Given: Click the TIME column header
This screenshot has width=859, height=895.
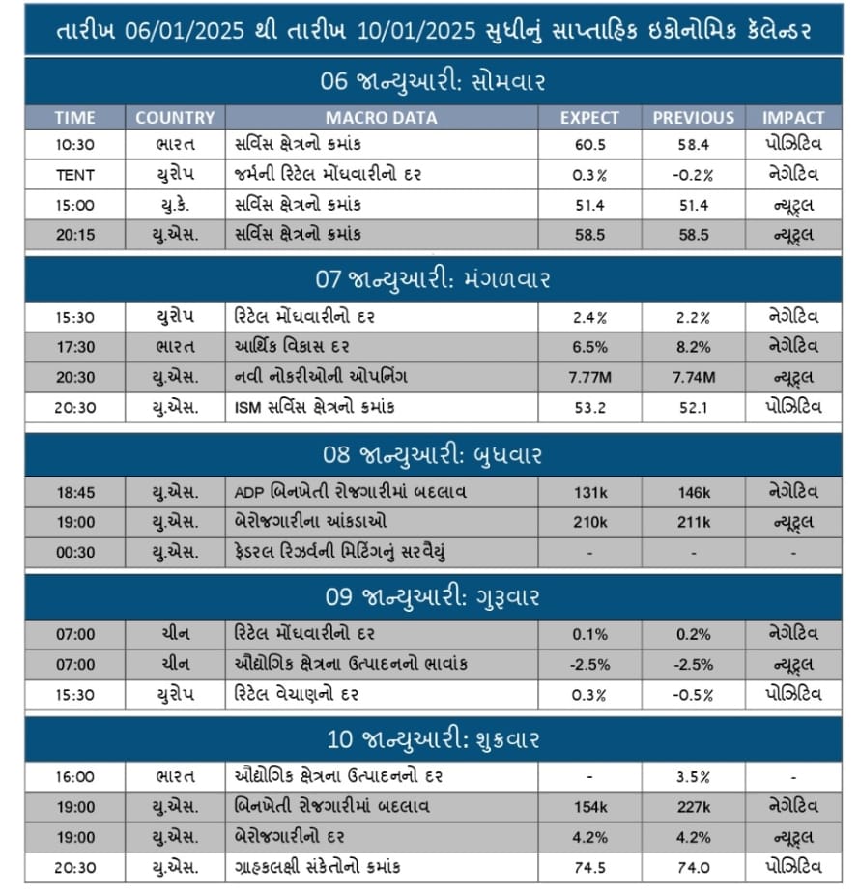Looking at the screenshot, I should pyautogui.click(x=74, y=117).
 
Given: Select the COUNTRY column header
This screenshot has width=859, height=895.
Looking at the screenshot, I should pyautogui.click(x=174, y=117).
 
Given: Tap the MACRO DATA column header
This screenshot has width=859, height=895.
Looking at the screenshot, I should pyautogui.click(x=381, y=117).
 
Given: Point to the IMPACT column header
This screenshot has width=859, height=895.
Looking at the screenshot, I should pyautogui.click(x=793, y=117).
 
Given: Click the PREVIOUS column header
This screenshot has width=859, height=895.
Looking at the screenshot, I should pyautogui.click(x=693, y=117).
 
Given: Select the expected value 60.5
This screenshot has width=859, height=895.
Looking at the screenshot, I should pyautogui.click(x=589, y=145).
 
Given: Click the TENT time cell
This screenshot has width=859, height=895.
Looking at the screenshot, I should pyautogui.click(x=74, y=175).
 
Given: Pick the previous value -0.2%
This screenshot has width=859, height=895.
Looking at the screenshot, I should pyautogui.click(x=693, y=175).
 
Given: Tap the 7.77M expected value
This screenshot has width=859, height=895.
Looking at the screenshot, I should pyautogui.click(x=589, y=377).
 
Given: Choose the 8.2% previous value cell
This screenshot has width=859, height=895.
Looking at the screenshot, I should pyautogui.click(x=693, y=347).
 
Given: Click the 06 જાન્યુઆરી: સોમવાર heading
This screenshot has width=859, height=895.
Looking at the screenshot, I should pyautogui.click(x=432, y=81).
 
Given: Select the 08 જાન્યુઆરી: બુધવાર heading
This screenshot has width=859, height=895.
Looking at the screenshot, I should pyautogui.click(x=432, y=454).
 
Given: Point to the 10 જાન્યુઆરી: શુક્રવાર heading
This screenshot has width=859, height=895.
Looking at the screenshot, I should pyautogui.click(x=432, y=739).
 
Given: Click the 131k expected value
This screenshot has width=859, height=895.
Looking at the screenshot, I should pyautogui.click(x=589, y=492).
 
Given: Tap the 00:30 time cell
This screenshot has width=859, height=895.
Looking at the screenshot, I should pyautogui.click(x=74, y=552).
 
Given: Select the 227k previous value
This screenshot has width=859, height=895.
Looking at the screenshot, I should pyautogui.click(x=693, y=806).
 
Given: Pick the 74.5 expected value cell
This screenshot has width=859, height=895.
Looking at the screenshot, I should pyautogui.click(x=589, y=867).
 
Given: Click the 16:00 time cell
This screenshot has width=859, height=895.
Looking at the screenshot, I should pyautogui.click(x=74, y=776).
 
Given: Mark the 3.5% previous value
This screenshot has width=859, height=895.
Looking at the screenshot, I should pyautogui.click(x=693, y=776).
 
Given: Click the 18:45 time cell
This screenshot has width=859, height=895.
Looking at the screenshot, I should pyautogui.click(x=74, y=492).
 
